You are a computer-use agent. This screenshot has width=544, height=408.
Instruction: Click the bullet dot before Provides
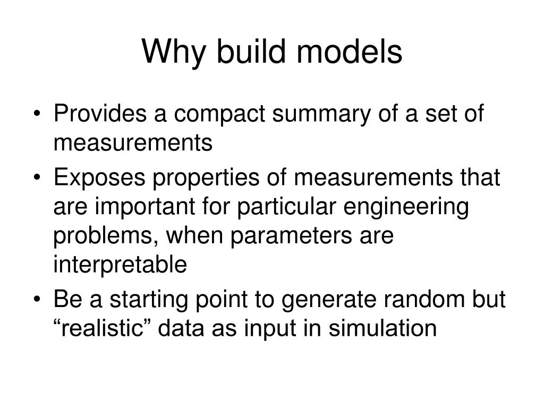41,116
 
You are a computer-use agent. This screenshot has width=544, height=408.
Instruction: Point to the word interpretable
120,265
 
